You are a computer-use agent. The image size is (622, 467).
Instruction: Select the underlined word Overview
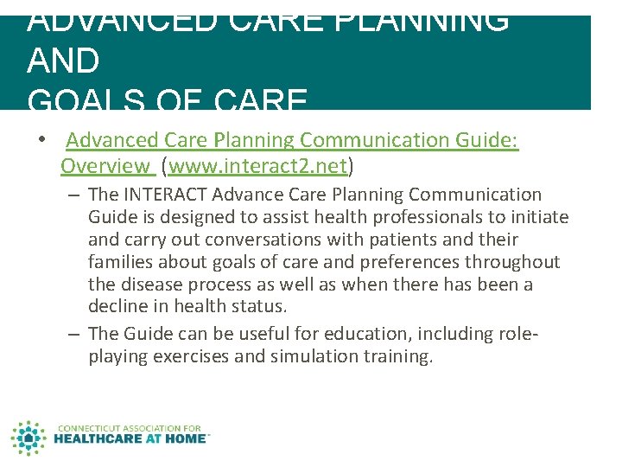point(105,165)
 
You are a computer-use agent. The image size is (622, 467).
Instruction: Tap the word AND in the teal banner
point(63,61)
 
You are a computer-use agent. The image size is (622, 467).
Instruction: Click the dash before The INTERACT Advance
point(75,195)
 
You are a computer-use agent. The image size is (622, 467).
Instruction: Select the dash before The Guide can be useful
point(75,334)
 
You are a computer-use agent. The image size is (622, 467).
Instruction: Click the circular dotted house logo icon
point(29,438)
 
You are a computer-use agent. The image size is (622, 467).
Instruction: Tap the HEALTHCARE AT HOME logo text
point(130,438)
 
